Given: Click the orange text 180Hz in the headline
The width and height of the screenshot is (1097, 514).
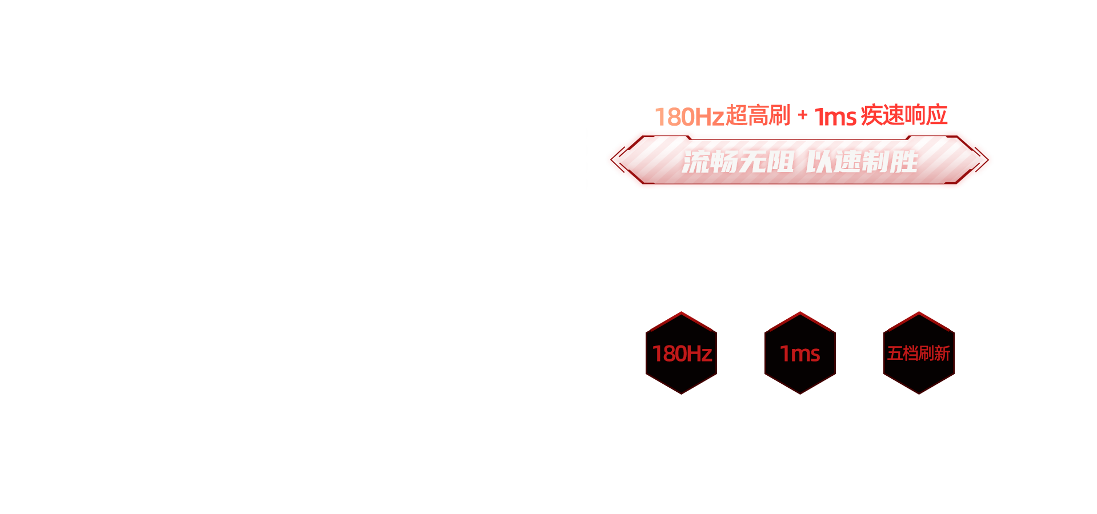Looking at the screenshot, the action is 690,117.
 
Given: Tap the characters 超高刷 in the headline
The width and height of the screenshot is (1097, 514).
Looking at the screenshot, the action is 758,115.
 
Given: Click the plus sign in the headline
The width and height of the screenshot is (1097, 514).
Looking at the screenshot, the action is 803,115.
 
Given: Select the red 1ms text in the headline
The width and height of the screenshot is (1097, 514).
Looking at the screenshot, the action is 835,117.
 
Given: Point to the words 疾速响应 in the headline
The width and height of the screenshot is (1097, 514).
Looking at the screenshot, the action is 904,115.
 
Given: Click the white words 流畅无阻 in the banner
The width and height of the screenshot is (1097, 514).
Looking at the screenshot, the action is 738,162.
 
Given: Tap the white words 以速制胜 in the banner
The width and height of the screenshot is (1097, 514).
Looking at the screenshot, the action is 862,162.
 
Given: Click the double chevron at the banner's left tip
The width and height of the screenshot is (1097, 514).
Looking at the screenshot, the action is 618,159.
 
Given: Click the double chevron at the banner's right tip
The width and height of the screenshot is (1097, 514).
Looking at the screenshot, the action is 981,159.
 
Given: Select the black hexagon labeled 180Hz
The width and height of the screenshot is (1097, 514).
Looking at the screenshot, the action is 681,353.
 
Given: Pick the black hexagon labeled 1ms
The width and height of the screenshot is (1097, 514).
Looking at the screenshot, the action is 800,353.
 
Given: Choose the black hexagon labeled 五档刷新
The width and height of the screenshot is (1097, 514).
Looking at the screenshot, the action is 919,353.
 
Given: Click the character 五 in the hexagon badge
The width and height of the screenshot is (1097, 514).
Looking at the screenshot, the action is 895,354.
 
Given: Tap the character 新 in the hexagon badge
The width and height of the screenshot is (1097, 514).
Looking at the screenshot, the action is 943,354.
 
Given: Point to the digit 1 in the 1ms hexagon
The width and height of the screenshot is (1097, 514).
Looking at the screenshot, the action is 784,354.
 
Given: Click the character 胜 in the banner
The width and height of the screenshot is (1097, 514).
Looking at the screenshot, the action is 904,162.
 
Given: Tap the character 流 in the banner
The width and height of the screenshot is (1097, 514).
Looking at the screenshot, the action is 696,162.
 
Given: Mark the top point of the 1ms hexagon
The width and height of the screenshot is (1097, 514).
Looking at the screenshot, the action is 800,312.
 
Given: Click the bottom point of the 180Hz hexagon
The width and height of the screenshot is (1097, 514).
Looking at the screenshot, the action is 681,394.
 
